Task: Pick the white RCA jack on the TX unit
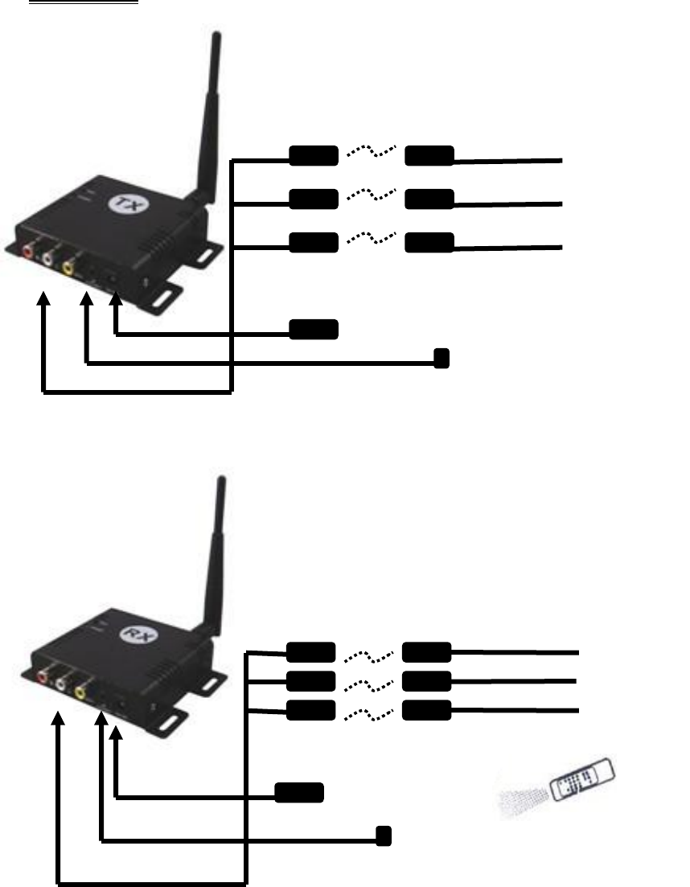(x=49, y=257)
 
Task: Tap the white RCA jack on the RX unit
(x=61, y=684)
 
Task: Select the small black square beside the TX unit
(x=441, y=358)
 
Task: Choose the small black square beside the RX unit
(x=384, y=836)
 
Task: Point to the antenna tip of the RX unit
(x=220, y=481)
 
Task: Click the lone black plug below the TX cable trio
(x=314, y=328)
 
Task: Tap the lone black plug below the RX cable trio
(x=299, y=792)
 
